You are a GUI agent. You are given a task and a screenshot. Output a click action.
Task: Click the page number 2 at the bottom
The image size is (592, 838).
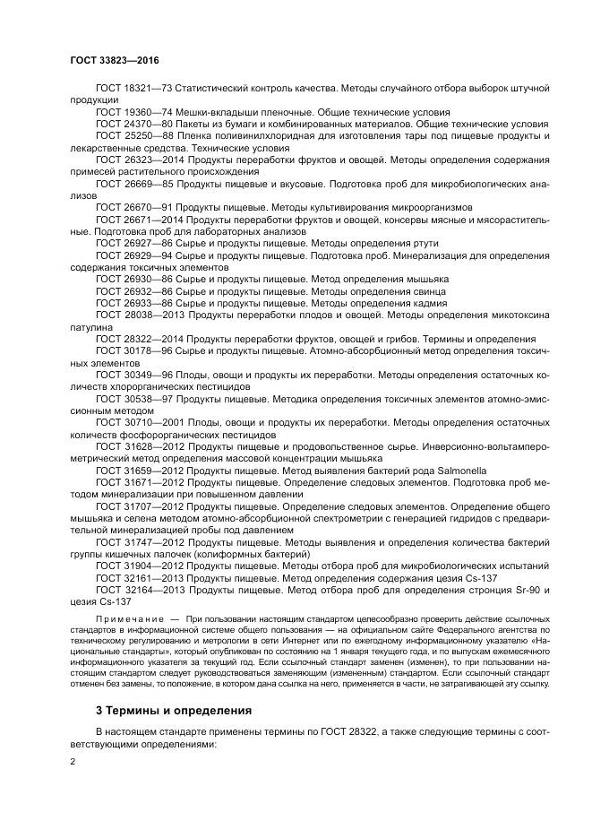73,762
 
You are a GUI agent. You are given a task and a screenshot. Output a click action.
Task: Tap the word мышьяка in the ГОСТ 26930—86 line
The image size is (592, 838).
424,279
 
